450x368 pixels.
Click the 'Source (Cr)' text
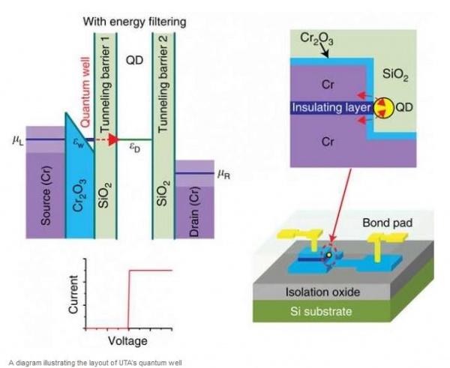click(46, 198)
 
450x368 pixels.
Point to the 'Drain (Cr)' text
click(193, 205)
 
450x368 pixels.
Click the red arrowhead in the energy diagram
click(113, 139)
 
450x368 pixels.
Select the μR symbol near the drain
click(223, 174)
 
